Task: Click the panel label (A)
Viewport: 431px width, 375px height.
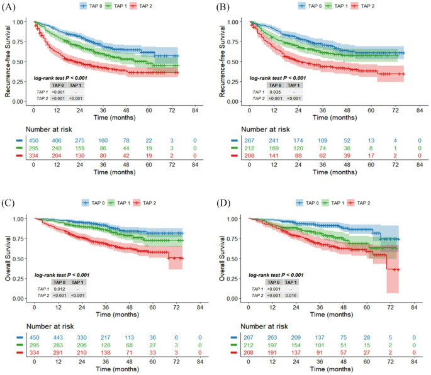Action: (8, 7)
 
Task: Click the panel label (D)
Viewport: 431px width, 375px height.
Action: (223, 203)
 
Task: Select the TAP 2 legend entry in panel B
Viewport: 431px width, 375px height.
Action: (362, 6)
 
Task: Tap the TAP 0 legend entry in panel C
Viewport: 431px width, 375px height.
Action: (93, 203)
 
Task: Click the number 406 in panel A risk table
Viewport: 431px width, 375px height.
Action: (57, 140)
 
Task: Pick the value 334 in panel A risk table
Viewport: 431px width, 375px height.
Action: (33, 156)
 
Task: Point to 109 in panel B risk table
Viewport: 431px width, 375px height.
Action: (322, 140)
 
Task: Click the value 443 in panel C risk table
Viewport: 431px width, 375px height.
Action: (58, 337)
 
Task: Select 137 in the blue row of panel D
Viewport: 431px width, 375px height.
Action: (320, 337)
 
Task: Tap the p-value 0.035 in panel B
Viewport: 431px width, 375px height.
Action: (275, 92)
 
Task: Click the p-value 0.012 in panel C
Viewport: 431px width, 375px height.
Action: (59, 289)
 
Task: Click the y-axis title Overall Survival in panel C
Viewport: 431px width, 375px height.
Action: (8, 258)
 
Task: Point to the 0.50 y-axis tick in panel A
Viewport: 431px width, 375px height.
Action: (18, 62)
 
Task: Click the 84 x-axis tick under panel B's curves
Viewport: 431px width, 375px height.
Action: (420, 111)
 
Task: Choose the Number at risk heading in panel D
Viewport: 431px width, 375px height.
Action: (264, 327)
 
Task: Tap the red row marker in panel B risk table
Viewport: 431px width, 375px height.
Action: (235, 156)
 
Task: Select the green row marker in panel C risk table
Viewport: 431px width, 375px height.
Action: (20, 345)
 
